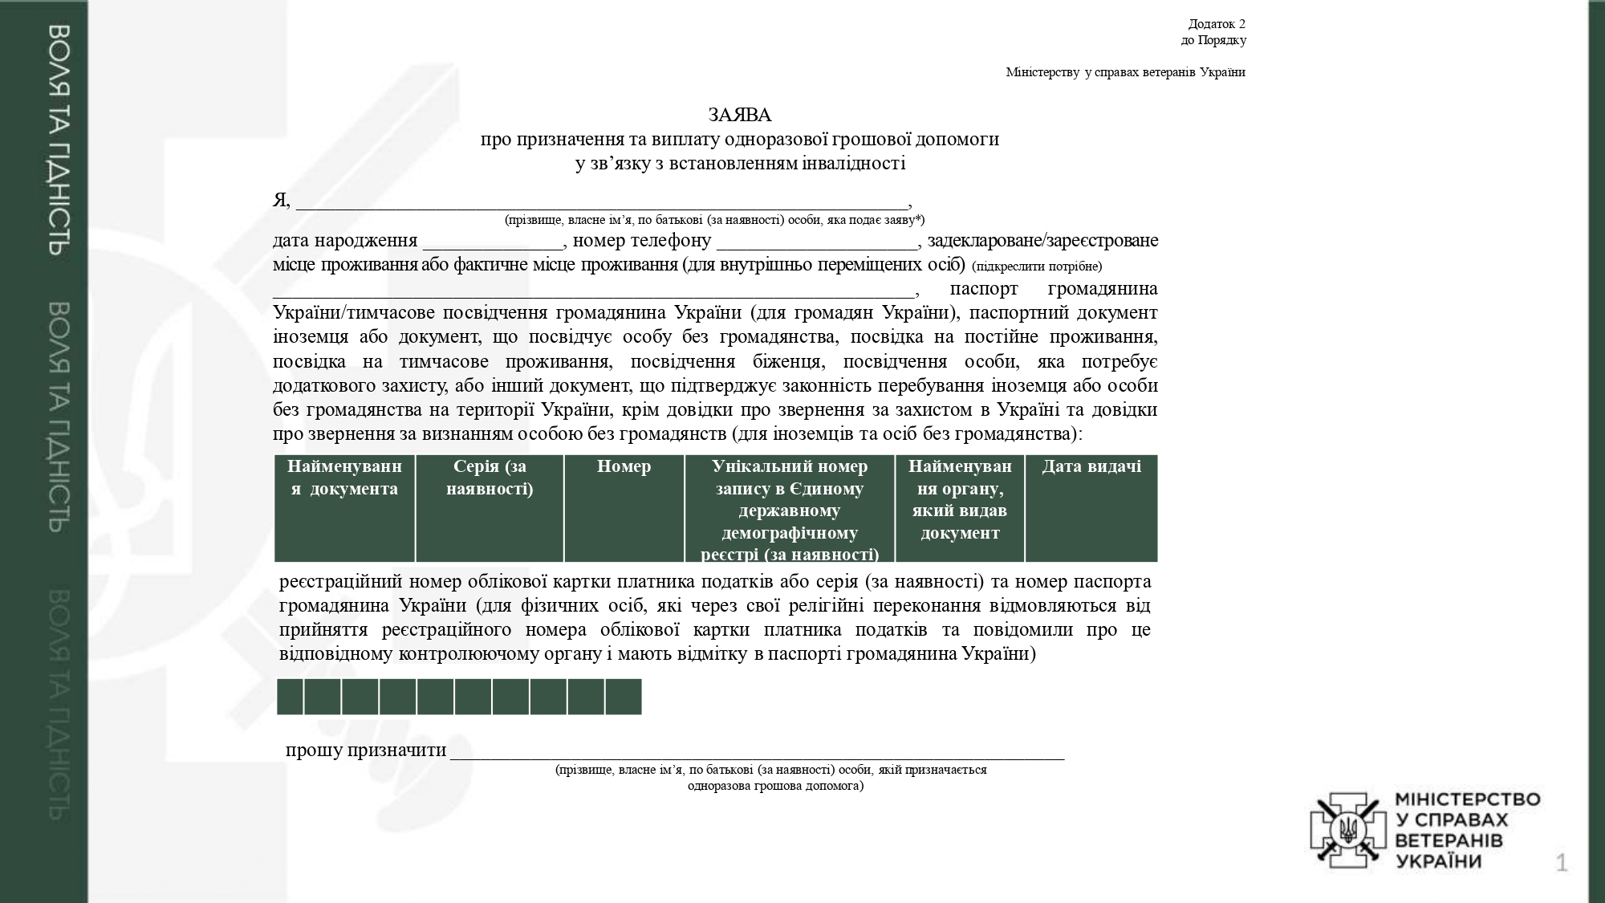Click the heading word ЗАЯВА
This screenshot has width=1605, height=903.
739,116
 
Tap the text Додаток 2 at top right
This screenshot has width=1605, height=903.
1217,24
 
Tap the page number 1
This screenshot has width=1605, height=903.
1562,864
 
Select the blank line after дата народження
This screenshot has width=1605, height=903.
493,244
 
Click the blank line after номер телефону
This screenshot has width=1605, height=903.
817,244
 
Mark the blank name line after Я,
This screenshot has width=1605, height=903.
602,204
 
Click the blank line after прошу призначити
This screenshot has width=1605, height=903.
757,754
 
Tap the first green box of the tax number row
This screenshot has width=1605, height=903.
291,697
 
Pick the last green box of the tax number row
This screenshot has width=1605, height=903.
624,697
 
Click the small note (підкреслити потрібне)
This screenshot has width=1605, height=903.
1037,266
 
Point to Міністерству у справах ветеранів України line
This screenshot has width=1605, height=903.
1125,73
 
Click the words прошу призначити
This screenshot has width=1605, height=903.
366,750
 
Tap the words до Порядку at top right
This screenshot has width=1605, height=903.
1213,40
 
